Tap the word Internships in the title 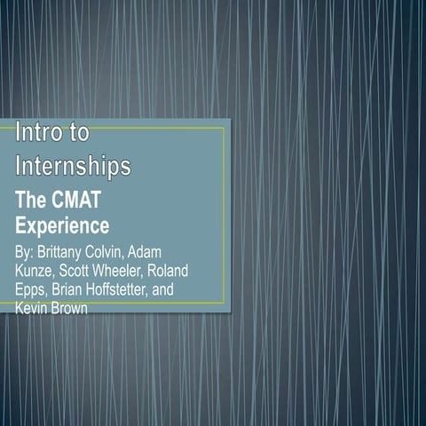point(74,165)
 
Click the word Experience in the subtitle point(62,225)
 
